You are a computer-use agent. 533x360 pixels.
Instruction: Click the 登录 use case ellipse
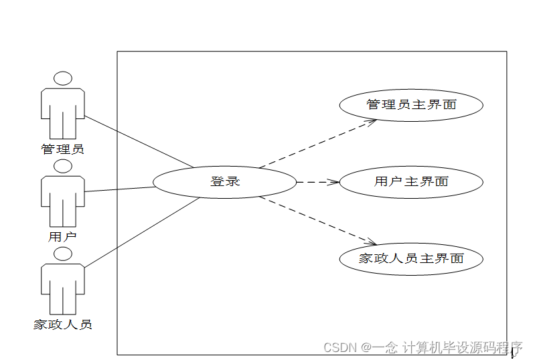(224, 181)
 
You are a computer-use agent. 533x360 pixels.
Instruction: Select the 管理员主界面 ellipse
(411, 105)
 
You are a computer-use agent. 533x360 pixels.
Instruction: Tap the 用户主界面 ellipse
(411, 181)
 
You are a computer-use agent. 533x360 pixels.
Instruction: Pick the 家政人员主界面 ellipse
(411, 258)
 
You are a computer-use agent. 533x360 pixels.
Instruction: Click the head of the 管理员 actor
(63, 78)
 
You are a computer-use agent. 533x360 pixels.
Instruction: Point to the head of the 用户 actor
(63, 166)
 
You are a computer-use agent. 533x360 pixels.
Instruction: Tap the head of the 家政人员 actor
(63, 254)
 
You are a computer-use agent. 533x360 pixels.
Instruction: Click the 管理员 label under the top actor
(63, 149)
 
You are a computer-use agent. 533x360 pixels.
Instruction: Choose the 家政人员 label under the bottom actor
(63, 325)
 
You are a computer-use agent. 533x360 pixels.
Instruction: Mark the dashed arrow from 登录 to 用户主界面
(317, 181)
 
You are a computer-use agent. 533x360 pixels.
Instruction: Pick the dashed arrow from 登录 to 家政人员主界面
(318, 220)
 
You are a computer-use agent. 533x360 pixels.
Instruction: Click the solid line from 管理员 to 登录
(139, 142)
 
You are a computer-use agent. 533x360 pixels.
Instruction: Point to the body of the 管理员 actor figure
(63, 110)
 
